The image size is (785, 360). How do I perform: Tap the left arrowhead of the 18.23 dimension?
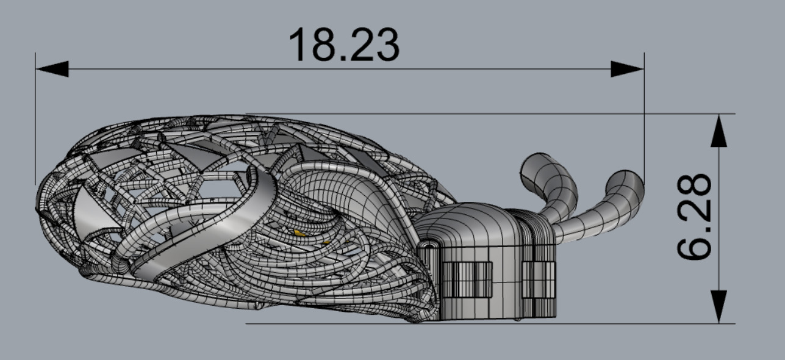tap(52, 69)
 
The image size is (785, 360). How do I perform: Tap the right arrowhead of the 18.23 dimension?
tap(627, 69)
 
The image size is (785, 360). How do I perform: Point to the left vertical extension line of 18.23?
tap(35, 122)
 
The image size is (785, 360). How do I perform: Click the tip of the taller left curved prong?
tap(535, 164)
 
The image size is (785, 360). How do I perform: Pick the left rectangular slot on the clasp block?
tap(467, 279)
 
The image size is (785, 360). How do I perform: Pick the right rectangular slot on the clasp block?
tap(539, 279)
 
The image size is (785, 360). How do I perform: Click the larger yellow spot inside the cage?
tap(298, 232)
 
